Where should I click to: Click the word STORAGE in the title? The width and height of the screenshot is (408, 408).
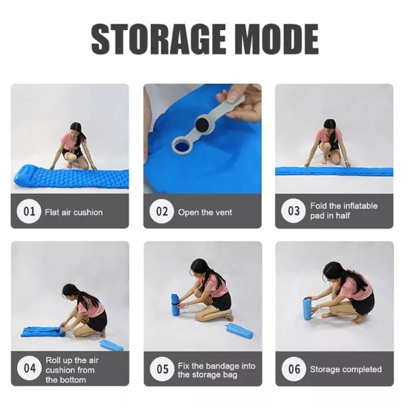pyautogui.click(x=158, y=39)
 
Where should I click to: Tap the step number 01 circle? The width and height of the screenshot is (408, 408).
pyautogui.click(x=29, y=211)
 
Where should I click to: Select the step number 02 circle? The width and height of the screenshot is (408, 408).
pyautogui.click(x=162, y=211)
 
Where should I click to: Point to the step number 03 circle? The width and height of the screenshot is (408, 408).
pyautogui.click(x=294, y=211)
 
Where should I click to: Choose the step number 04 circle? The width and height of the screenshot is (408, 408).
pyautogui.click(x=29, y=368)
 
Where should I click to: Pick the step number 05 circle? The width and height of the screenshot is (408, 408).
pyautogui.click(x=163, y=369)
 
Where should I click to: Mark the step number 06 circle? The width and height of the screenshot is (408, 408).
pyautogui.click(x=294, y=369)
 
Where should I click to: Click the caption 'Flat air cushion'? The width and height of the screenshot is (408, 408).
pyautogui.click(x=74, y=212)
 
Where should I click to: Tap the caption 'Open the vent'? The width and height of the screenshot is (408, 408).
pyautogui.click(x=205, y=212)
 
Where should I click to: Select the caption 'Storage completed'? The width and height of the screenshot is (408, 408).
pyautogui.click(x=346, y=369)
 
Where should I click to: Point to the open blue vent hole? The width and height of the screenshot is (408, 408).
pyautogui.click(x=182, y=147)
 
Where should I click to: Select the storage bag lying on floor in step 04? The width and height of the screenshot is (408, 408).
pyautogui.click(x=112, y=345)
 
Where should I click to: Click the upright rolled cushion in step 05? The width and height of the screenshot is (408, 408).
pyautogui.click(x=175, y=305)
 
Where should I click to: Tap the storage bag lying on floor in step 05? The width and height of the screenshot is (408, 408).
pyautogui.click(x=240, y=330)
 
